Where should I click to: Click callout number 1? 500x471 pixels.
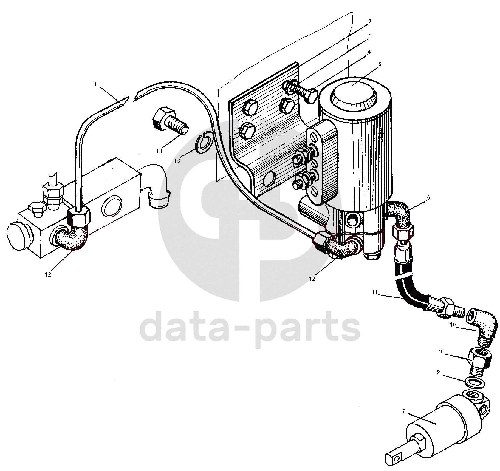pyautogui.click(x=95, y=84)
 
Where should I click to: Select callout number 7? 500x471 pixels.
pyautogui.click(x=404, y=411)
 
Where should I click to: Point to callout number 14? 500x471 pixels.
pyautogui.click(x=159, y=151)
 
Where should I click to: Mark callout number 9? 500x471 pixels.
pyautogui.click(x=441, y=351)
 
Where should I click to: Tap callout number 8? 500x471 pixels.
pyautogui.click(x=438, y=372)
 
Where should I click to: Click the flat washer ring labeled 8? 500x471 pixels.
pyautogui.click(x=475, y=382)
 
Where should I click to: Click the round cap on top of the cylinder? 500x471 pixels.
pyautogui.click(x=354, y=92)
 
